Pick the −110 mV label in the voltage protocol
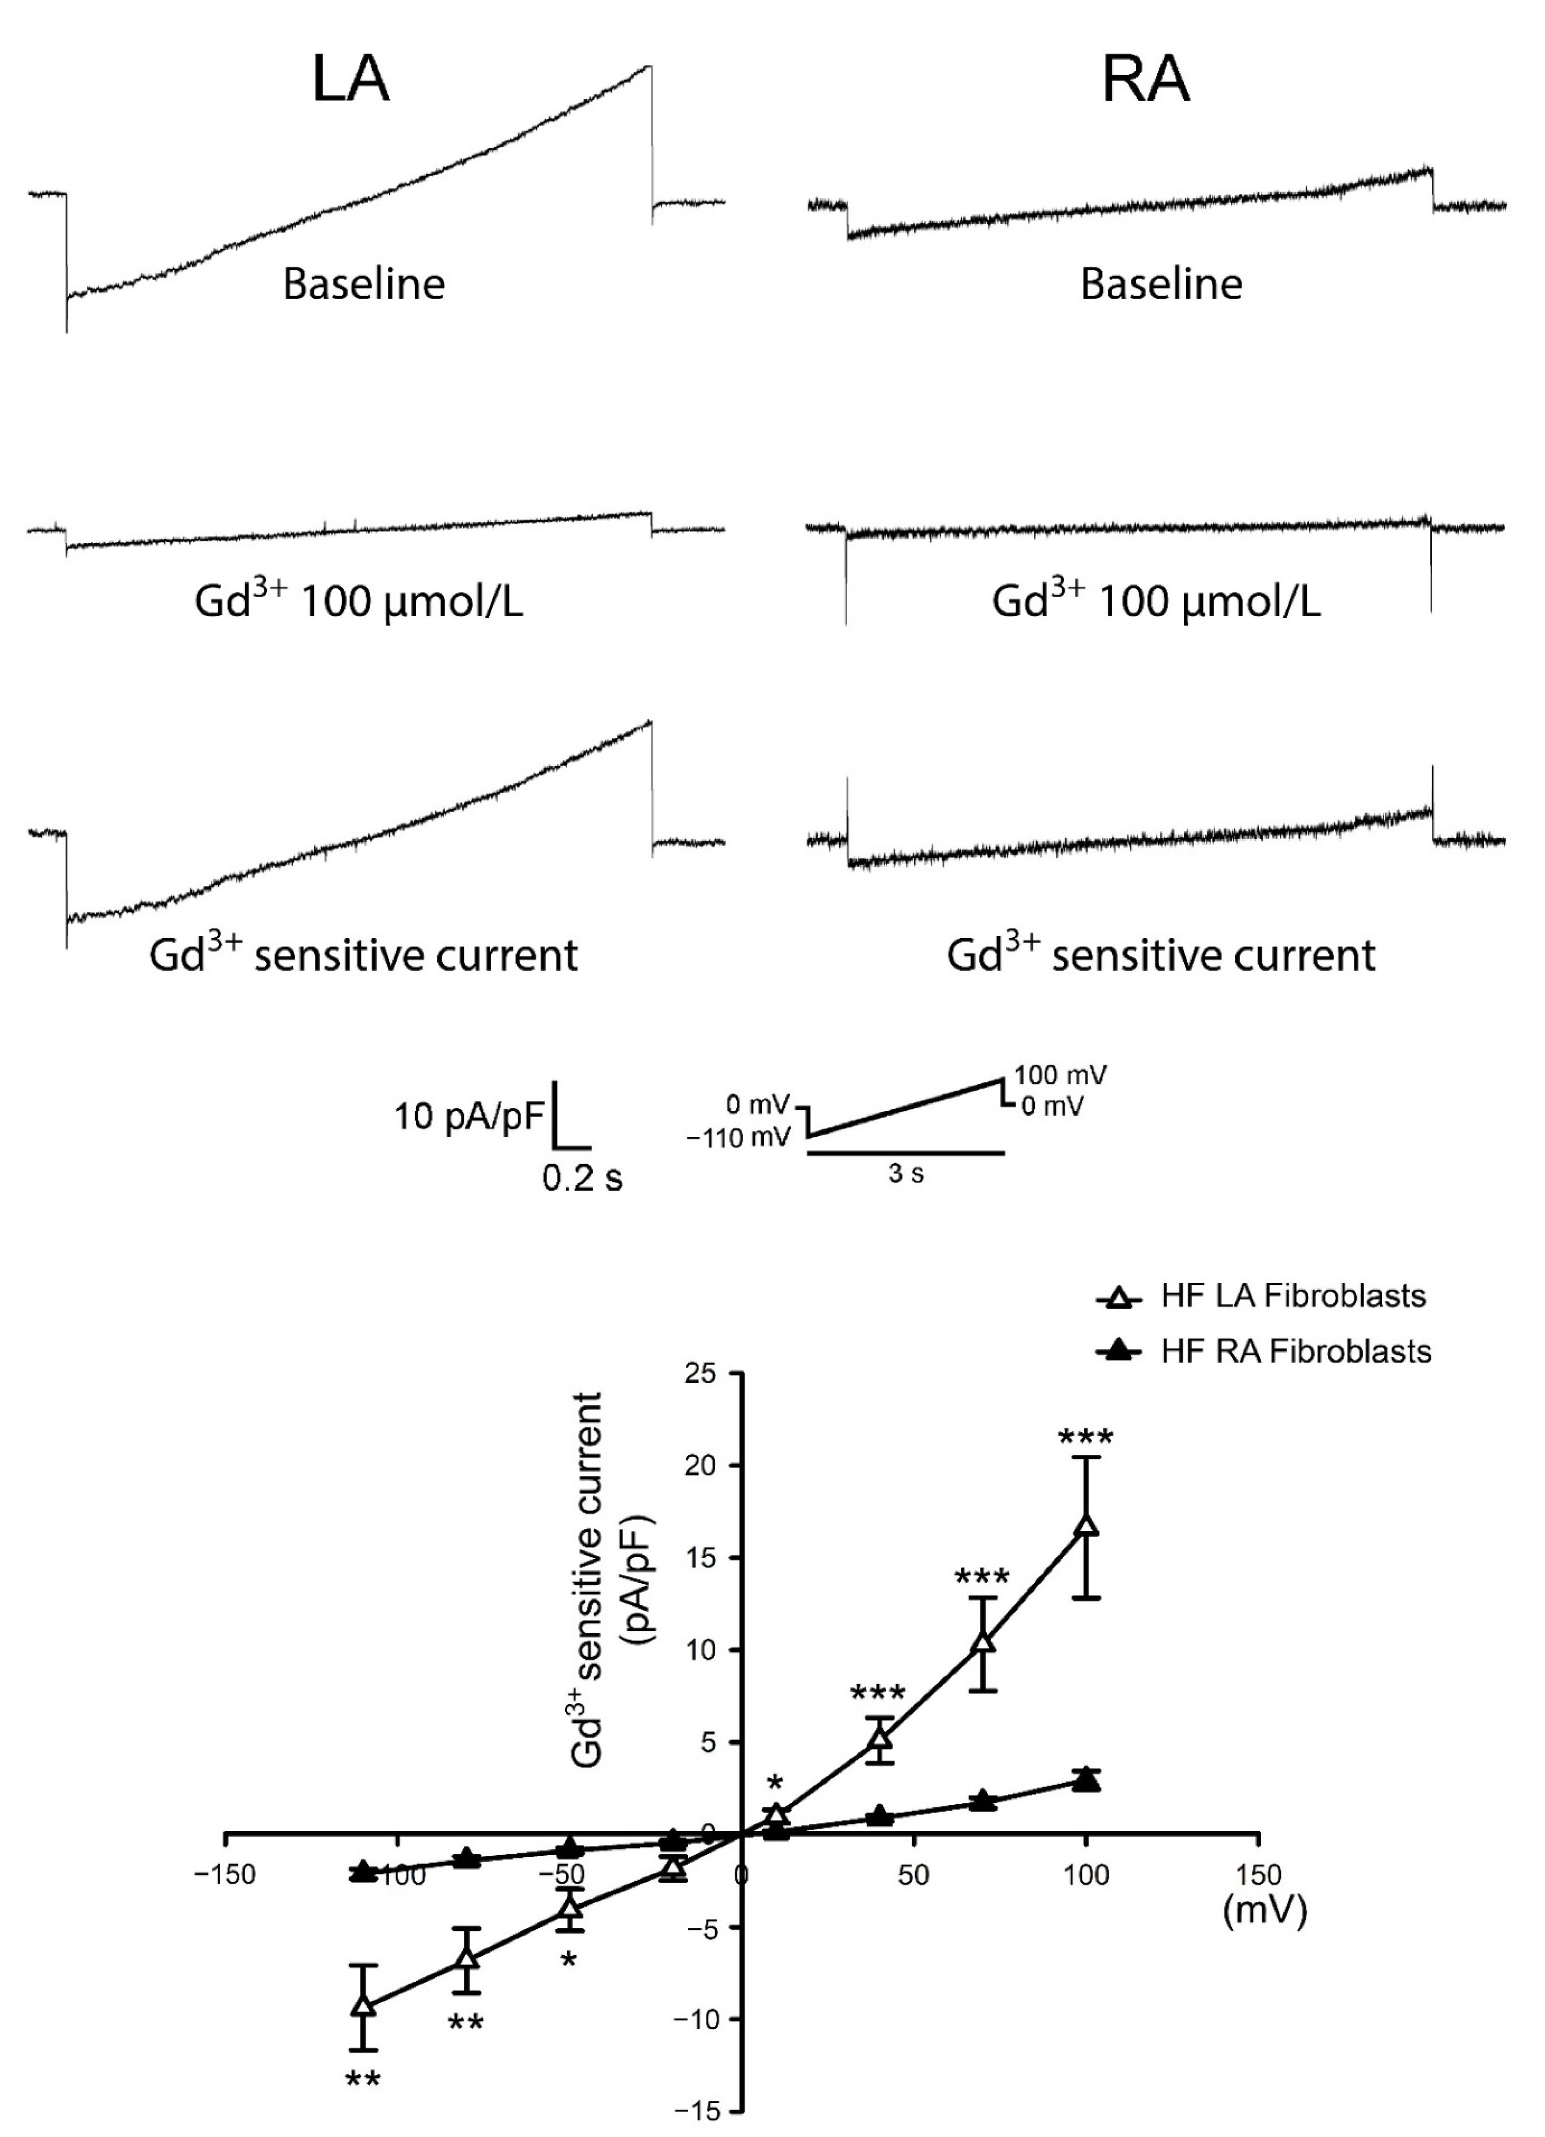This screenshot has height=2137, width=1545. click(739, 1138)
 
